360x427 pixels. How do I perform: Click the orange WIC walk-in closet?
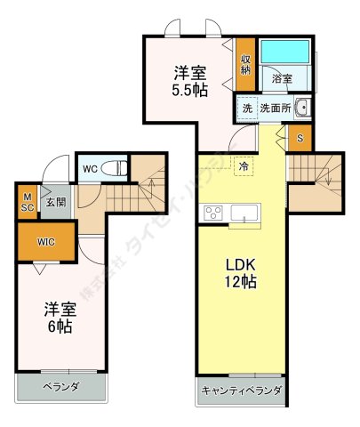tap(47, 241)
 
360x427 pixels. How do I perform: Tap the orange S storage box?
tap(300, 138)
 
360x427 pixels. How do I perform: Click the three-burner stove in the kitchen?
tap(214, 213)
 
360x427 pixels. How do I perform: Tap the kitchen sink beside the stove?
tap(244, 213)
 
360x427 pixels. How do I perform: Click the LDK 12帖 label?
tap(240, 272)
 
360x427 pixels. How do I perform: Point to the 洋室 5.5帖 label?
tap(190, 80)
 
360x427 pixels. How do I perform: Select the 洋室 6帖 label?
tap(61, 318)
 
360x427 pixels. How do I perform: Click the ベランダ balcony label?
tap(61, 387)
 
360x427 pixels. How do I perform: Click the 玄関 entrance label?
tap(56, 202)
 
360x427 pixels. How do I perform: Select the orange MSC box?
tap(28, 202)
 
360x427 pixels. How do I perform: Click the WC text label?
tap(90, 166)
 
